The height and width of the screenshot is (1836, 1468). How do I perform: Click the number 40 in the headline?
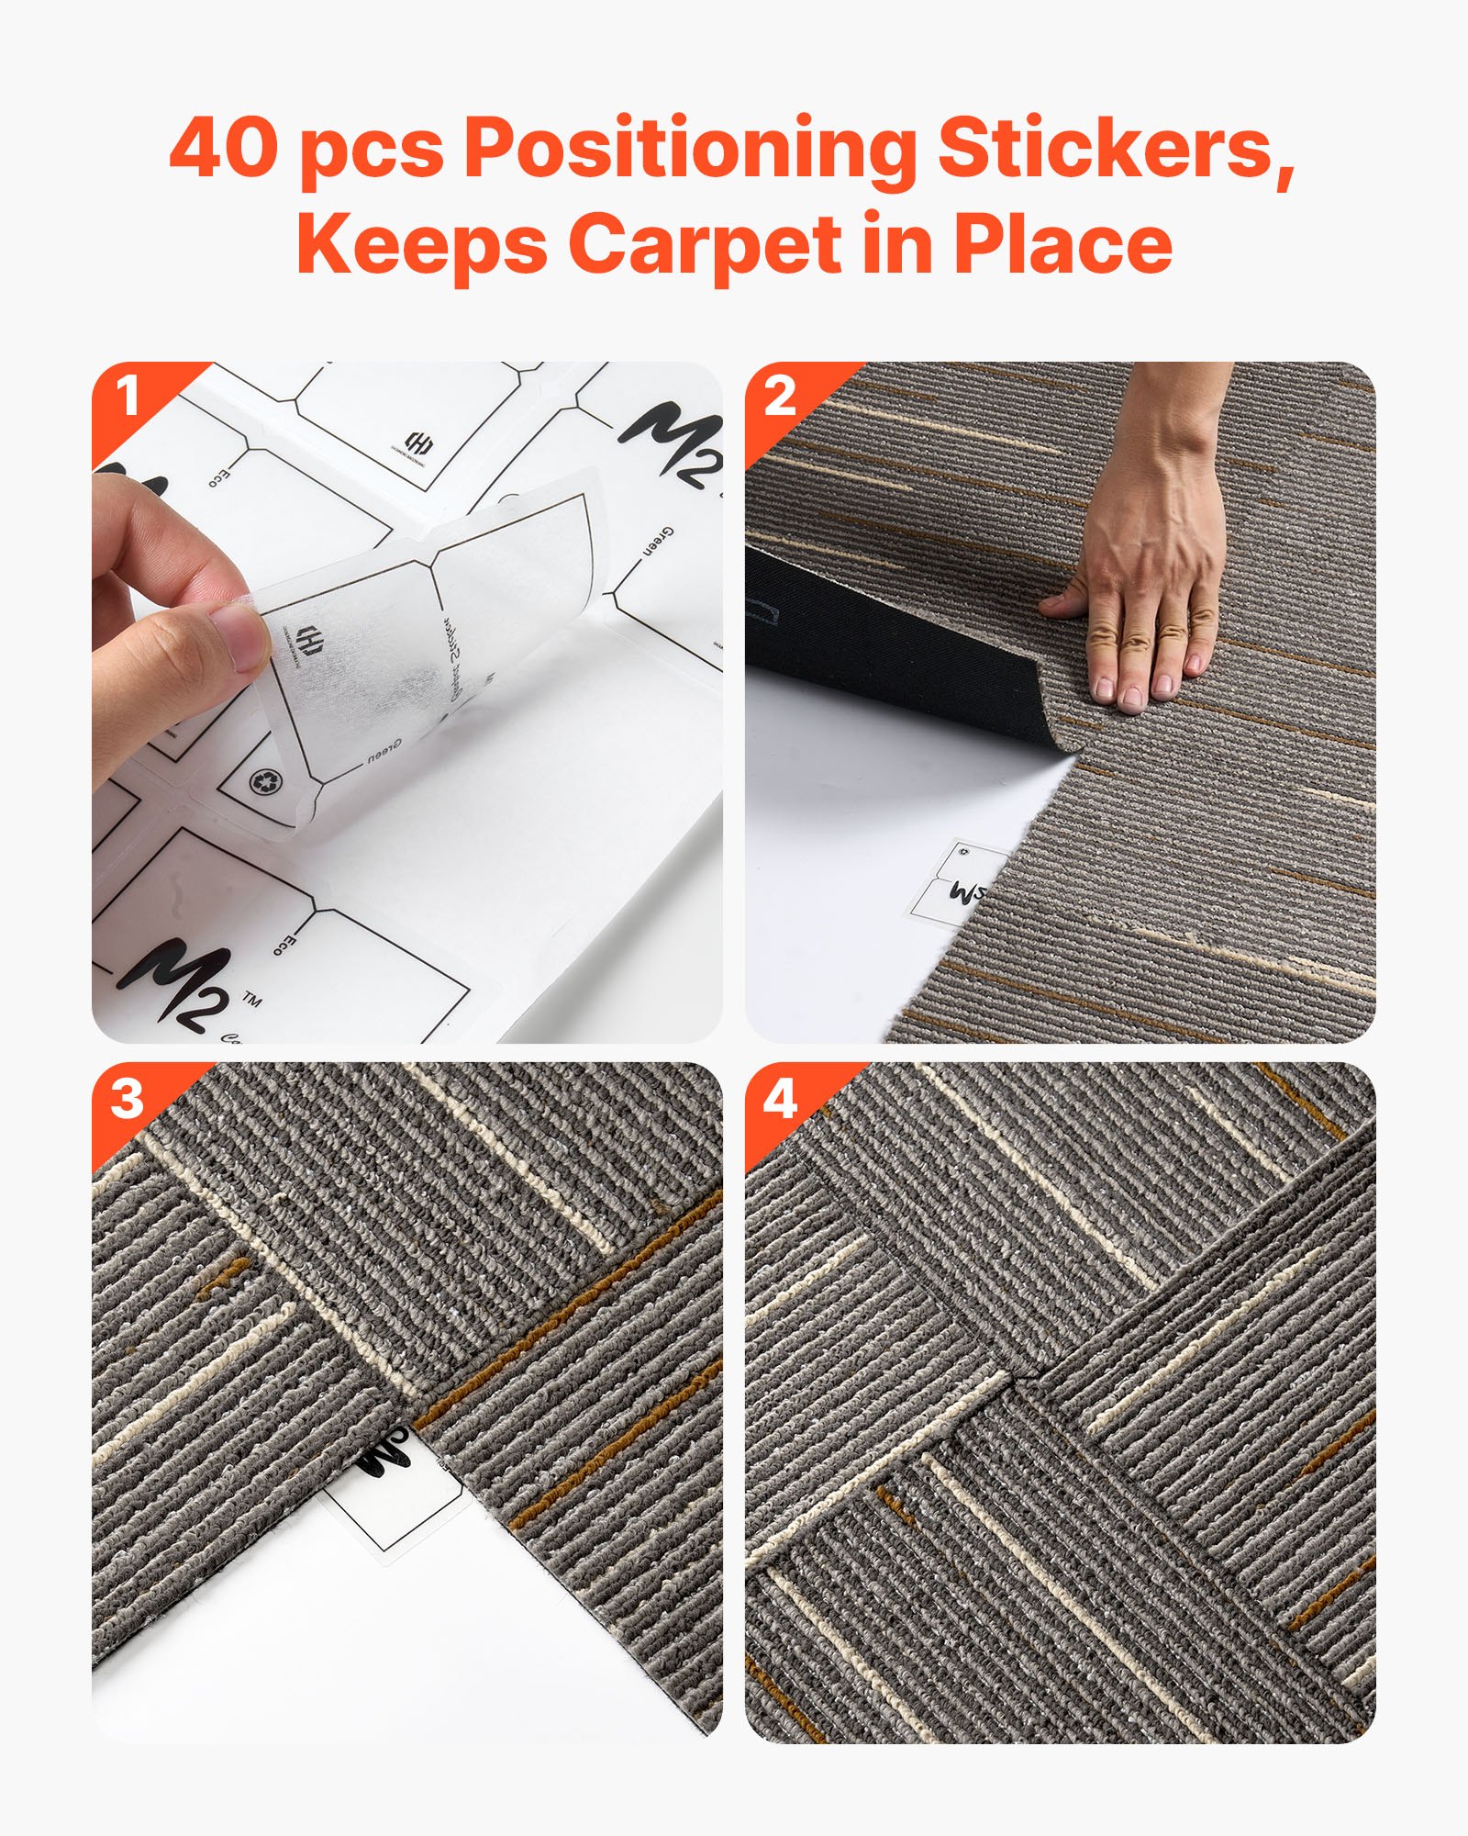[x=223, y=150]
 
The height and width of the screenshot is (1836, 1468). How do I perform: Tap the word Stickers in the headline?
[x=1115, y=150]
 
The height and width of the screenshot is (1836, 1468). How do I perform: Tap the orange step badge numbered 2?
[x=780, y=397]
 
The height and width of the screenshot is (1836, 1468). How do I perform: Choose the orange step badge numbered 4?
[x=780, y=1099]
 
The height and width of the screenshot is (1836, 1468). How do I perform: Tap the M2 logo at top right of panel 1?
[x=674, y=445]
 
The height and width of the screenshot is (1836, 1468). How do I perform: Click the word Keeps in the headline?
[x=422, y=246]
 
